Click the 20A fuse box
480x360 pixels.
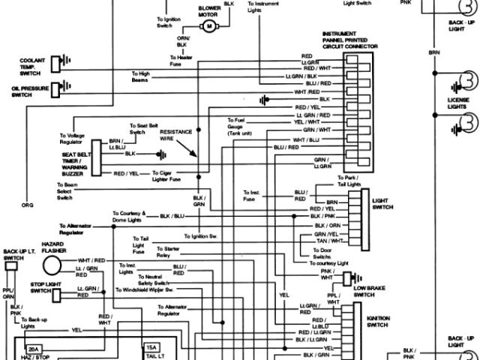(34, 349)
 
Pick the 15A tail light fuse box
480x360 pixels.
(151, 349)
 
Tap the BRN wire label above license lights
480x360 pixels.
(435, 52)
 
